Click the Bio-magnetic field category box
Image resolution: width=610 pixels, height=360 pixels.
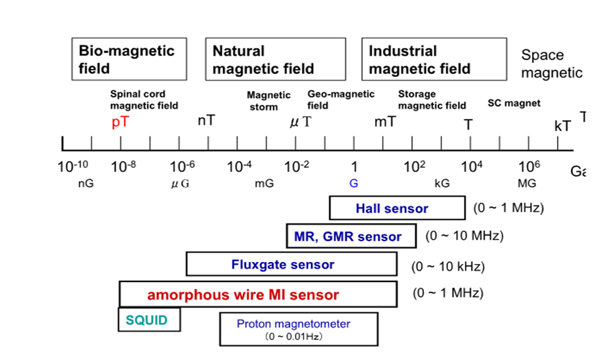coord(129,59)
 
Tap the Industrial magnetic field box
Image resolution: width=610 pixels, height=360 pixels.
coord(434,59)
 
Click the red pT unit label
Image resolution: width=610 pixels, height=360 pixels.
coord(120,123)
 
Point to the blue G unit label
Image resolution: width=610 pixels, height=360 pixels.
coord(353,183)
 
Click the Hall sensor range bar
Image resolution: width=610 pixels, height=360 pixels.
coord(396,208)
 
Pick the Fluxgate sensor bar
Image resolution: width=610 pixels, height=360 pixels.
coord(291,265)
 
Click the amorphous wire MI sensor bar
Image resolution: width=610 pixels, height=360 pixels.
coord(258,294)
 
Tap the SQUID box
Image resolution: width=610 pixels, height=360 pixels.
coord(149,320)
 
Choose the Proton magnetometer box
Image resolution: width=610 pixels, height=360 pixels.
coord(293,329)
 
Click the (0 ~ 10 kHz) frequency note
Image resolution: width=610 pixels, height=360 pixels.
coord(447,267)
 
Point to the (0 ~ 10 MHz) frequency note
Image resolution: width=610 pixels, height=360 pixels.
coord(464,236)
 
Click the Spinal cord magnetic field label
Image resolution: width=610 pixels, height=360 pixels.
coord(144,99)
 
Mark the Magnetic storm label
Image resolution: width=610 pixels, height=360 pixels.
coord(268,101)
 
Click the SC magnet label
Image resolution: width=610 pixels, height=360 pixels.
coord(513,103)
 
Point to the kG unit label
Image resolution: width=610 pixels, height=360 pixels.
coord(442,183)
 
